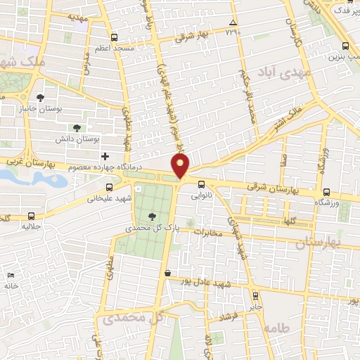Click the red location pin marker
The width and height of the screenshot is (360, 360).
(x=181, y=166)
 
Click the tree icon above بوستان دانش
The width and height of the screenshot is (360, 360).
(x=77, y=128)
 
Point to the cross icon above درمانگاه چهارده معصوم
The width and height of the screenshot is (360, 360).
(x=105, y=155)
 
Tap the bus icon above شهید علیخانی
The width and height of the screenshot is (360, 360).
(x=109, y=187)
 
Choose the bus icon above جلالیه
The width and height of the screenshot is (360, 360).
(x=30, y=215)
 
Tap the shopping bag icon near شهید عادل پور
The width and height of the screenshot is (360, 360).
(x=167, y=274)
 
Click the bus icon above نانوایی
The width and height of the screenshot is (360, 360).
(x=201, y=186)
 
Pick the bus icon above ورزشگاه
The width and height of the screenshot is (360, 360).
(x=326, y=191)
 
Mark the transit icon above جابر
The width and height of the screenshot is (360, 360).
(x=255, y=296)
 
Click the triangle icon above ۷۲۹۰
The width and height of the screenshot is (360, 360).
(x=233, y=24)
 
